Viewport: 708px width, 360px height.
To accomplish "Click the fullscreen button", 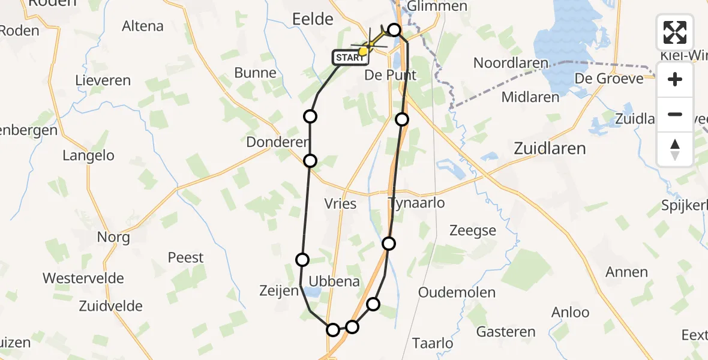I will (x=675, y=32).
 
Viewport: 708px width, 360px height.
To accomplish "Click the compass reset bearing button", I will (x=675, y=149).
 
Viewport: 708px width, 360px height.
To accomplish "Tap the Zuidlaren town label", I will (x=549, y=148).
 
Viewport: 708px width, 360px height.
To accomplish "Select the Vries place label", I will (x=340, y=203).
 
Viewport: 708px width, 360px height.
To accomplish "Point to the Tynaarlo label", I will (x=417, y=203).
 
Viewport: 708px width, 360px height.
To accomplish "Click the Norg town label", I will (x=113, y=237).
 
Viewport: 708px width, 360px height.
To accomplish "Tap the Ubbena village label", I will (x=334, y=281).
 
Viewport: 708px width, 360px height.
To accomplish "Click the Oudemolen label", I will (x=457, y=293).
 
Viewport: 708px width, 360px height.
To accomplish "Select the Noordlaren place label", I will (x=511, y=63).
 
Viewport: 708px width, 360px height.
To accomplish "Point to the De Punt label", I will (x=391, y=76).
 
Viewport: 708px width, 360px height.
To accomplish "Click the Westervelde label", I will (x=83, y=278).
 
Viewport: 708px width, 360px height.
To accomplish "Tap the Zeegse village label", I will (x=473, y=230).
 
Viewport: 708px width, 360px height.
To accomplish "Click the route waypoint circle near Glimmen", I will (x=394, y=29).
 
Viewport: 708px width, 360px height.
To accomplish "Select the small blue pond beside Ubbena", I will (x=311, y=292).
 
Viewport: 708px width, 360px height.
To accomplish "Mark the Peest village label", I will (x=185, y=257).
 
